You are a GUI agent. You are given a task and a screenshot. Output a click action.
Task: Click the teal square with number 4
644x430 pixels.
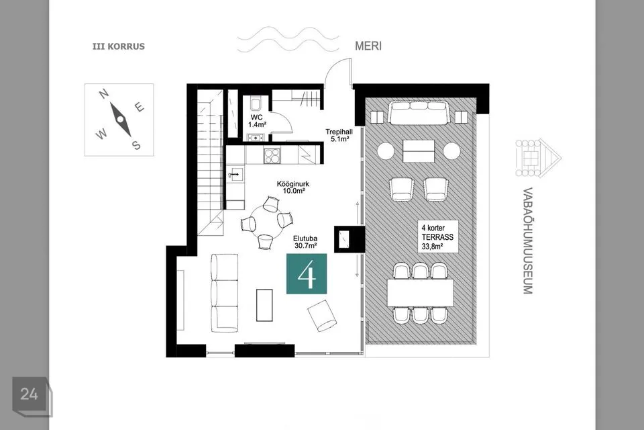click(x=307, y=273)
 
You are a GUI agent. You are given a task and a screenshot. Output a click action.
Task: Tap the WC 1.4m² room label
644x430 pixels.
click(x=257, y=121)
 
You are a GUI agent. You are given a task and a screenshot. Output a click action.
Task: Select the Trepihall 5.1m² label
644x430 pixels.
click(x=339, y=135)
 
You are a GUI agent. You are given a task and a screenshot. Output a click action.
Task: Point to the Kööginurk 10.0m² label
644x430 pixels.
click(x=293, y=187)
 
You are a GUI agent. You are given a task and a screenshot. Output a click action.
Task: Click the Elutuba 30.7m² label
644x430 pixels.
click(x=305, y=242)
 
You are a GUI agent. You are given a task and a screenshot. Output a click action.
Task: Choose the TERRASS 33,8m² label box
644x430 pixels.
click(x=438, y=237)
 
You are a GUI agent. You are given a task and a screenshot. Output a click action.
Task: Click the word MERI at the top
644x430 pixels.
click(x=368, y=46)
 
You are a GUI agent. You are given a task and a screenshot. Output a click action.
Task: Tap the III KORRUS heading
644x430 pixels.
click(x=119, y=46)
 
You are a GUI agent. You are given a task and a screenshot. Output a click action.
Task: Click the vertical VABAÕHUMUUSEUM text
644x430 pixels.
click(x=528, y=241)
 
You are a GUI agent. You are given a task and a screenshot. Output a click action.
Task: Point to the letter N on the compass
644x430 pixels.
click(x=105, y=94)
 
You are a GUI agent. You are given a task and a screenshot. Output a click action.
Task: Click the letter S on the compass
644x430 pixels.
click(x=136, y=145)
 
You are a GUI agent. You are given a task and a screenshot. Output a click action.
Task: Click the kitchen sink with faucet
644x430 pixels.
click(x=235, y=175)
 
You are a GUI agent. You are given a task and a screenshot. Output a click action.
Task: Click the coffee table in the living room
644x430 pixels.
click(x=264, y=305)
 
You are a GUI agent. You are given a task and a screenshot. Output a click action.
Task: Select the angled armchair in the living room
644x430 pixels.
click(x=323, y=316)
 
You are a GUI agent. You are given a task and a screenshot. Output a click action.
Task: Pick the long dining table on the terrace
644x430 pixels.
click(x=420, y=293)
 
